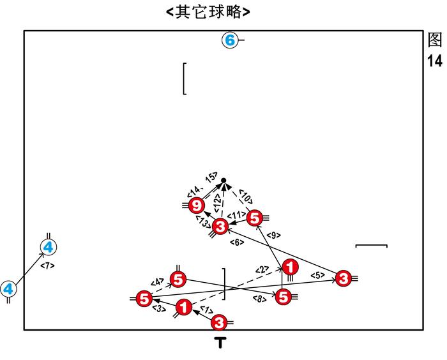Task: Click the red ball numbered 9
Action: click(197, 205)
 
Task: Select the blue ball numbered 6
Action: click(229, 41)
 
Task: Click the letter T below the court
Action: click(220, 343)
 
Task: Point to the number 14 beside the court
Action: click(435, 61)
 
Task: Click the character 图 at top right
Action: click(435, 40)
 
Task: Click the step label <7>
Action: click(47, 265)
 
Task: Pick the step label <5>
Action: click(319, 275)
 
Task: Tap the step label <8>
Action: click(259, 298)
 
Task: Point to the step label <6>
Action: click(236, 242)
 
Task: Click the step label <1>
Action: click(206, 310)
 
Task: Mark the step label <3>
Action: click(158, 309)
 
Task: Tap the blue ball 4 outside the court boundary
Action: click(8, 289)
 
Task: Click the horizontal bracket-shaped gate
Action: click(371, 245)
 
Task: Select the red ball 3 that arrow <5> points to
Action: click(343, 278)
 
